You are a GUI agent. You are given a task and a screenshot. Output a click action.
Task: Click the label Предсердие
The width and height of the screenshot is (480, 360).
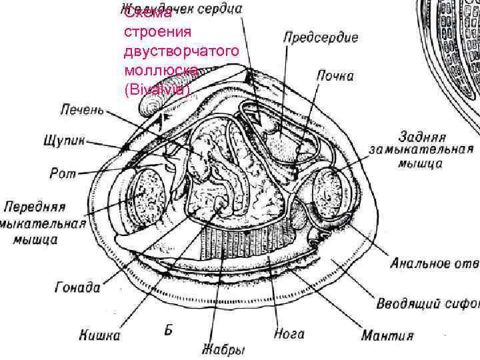click(321, 37)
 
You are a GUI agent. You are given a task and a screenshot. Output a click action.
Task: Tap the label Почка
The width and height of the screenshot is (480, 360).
click(334, 75)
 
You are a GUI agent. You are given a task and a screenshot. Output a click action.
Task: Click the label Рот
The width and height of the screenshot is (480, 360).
click(63, 173)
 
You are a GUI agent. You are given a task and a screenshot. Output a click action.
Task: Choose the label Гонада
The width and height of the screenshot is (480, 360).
click(77, 288)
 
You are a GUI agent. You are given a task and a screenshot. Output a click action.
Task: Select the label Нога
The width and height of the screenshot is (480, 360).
click(289, 333)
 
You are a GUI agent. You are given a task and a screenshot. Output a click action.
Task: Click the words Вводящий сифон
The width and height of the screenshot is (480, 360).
click(427, 305)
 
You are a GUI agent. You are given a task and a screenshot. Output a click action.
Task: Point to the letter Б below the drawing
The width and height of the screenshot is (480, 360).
click(169, 329)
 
